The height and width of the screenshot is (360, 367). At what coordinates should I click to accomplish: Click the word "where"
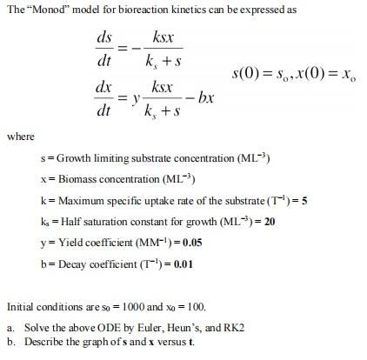click(x=19, y=137)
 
